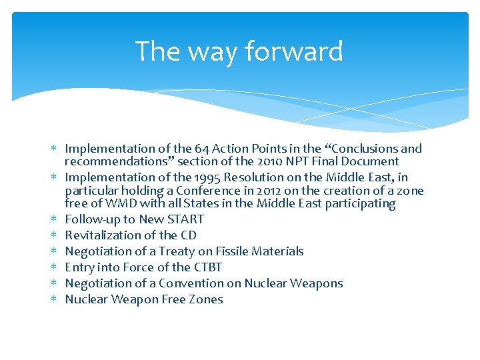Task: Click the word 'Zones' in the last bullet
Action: pyautogui.click(x=205, y=299)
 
